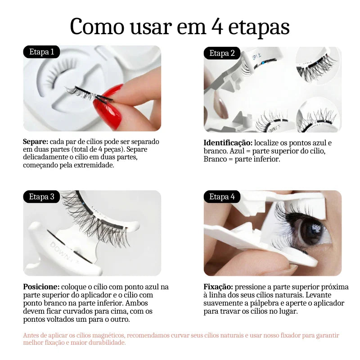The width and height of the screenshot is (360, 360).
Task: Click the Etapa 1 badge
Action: (x=41, y=52)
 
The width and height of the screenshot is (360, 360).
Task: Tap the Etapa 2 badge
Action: (x=222, y=54)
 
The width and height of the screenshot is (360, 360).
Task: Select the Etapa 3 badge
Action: (x=41, y=197)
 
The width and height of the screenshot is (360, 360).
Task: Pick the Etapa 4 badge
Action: (x=222, y=197)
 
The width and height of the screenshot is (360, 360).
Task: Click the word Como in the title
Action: (x=93, y=27)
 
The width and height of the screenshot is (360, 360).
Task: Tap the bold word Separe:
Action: (x=35, y=142)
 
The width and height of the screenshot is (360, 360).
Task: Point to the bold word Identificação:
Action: (x=227, y=143)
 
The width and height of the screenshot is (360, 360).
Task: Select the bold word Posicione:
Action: (x=41, y=287)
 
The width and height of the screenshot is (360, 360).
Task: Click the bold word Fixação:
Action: (x=218, y=287)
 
